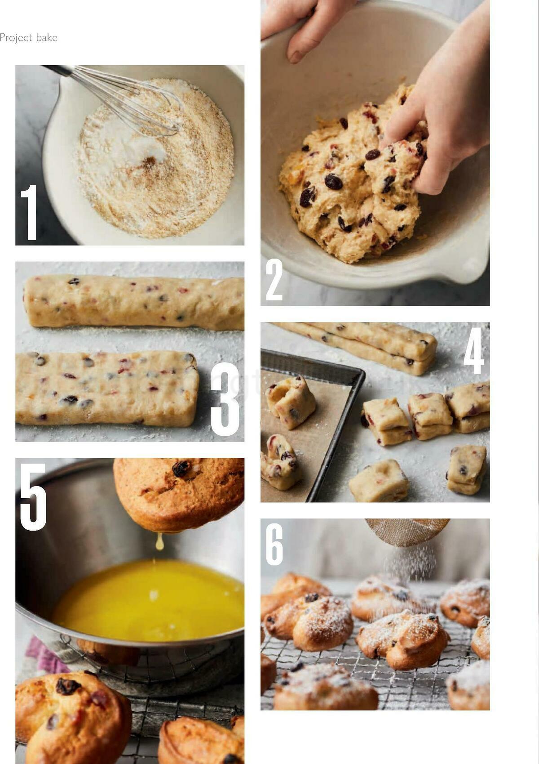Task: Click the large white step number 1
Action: pyautogui.click(x=30, y=212)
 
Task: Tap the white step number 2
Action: pyautogui.click(x=274, y=281)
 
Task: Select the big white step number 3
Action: pyautogui.click(x=226, y=400)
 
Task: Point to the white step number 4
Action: pyautogui.click(x=474, y=351)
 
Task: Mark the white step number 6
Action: pyautogui.click(x=274, y=545)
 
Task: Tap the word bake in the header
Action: pyautogui.click(x=47, y=38)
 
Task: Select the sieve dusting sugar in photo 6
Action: pyautogui.click(x=406, y=531)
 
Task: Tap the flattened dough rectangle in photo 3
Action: pyautogui.click(x=106, y=388)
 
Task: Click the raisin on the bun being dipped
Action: pyautogui.click(x=181, y=468)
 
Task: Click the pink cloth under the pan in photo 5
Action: pyautogui.click(x=38, y=654)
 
